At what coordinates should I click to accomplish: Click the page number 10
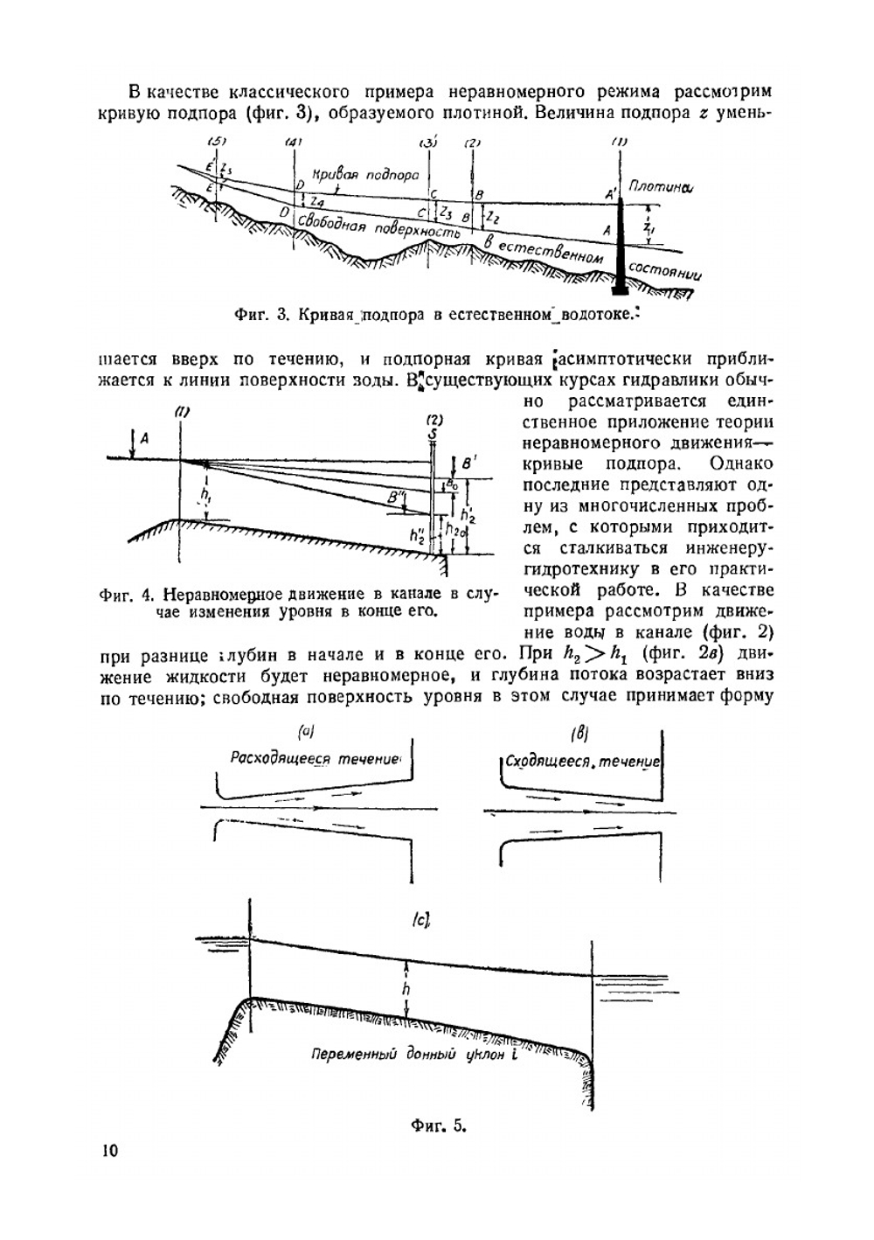[x=109, y=1150]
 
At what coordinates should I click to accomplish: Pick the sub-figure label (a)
[x=307, y=730]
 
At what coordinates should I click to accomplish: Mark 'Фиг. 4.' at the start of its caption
[x=128, y=596]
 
